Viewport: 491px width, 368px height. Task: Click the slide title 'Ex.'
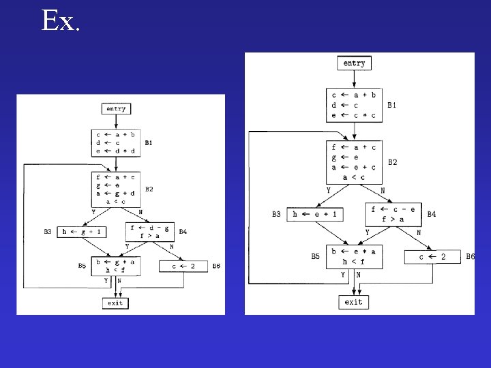tap(61, 21)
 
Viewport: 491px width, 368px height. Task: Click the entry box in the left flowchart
tap(115, 108)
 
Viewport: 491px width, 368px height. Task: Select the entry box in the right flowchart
tap(354, 63)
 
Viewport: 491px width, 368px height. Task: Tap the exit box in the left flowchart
tap(115, 302)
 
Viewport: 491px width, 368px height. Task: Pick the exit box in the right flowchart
tap(354, 301)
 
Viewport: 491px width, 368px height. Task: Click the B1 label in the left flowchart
tap(149, 143)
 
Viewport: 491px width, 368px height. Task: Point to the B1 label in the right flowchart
tap(391, 105)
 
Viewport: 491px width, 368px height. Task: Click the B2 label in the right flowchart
tap(392, 162)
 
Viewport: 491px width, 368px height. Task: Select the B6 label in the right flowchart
tap(470, 256)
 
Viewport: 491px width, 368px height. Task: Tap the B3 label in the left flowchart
tap(48, 232)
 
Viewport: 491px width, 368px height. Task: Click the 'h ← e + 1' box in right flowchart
tap(315, 214)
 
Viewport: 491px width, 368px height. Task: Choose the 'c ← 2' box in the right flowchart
tap(432, 257)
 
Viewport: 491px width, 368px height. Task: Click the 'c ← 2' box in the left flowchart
tap(183, 266)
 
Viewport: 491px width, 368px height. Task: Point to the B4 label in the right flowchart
tap(431, 214)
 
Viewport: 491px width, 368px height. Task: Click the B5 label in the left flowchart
tap(82, 265)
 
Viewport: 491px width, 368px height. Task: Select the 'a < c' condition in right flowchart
tap(353, 177)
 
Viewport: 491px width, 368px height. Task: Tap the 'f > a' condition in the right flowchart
tap(393, 219)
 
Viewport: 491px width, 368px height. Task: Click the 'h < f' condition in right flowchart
tap(353, 261)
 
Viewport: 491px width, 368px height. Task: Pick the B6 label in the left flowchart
tap(216, 266)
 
